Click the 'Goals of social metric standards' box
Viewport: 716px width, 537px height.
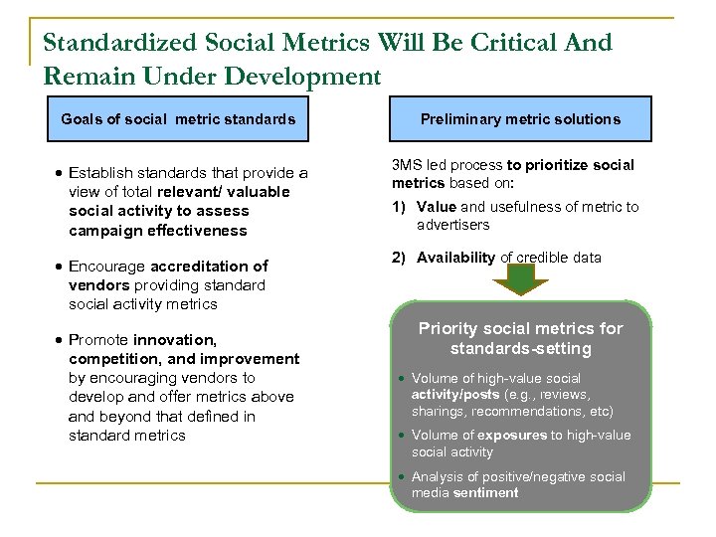click(x=178, y=119)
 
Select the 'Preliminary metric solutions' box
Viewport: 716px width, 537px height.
click(x=520, y=119)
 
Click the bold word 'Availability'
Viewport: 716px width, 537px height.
click(x=455, y=258)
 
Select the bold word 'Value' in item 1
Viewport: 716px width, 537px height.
click(x=437, y=207)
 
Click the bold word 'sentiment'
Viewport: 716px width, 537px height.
click(x=484, y=493)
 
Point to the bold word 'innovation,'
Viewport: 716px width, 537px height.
click(x=174, y=340)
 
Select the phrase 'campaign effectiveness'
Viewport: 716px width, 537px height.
click(x=158, y=231)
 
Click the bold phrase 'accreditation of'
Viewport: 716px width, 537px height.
click(x=209, y=267)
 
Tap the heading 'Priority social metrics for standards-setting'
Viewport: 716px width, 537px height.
click(x=520, y=338)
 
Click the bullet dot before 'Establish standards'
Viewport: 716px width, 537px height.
click(x=60, y=173)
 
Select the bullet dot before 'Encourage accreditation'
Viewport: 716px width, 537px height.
click(x=60, y=267)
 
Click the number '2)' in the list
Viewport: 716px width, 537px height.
click(x=399, y=258)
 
